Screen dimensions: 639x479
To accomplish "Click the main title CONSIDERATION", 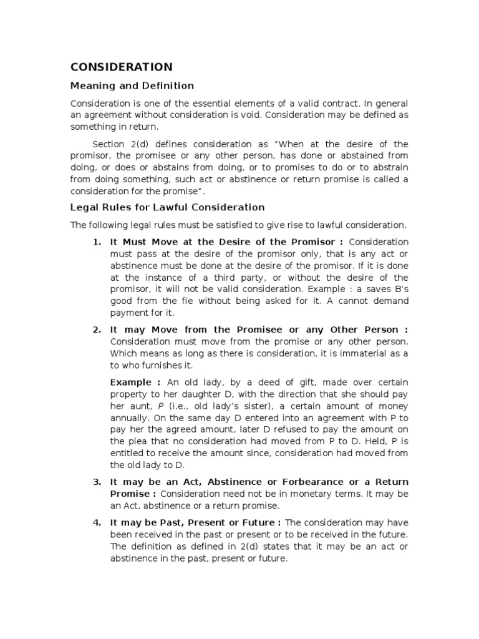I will pos(121,67).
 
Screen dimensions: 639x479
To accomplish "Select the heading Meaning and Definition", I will pos(132,86).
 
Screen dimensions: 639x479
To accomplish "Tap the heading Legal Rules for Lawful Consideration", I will pos(167,207).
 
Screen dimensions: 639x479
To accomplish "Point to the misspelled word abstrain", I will pos(390,168).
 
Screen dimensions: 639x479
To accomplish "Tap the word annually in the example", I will pos(130,418).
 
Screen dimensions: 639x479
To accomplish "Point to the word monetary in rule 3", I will pos(309,494).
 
